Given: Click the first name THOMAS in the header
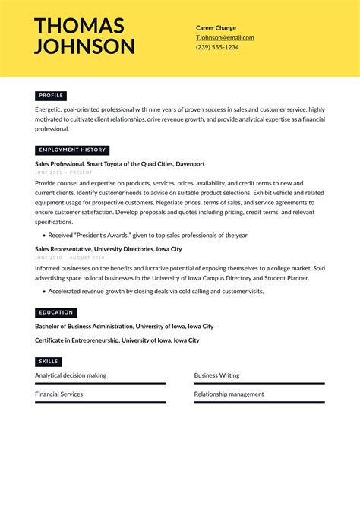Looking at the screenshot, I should point(79,26).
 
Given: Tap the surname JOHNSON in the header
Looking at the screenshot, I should point(84,46).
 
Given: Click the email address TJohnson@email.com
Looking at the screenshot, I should point(225,37).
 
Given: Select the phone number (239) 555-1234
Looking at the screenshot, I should point(217,47).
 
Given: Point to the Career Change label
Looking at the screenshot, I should point(216,27).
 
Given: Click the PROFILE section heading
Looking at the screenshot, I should point(51,96).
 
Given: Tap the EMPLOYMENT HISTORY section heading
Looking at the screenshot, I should point(72,150).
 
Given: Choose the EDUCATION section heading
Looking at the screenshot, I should point(56,312).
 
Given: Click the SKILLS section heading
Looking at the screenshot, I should point(49,362).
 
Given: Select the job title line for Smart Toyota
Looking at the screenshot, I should point(119,164).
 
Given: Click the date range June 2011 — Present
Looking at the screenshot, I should point(64,172).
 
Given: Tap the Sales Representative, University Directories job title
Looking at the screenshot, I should point(108,249).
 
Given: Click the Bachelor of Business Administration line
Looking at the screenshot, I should point(124,327).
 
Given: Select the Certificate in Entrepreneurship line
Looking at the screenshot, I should point(117,340).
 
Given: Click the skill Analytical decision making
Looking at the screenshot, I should point(71,375).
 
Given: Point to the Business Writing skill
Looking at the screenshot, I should point(216,375).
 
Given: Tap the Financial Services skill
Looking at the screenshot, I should point(59,394).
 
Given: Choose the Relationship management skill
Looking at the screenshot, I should point(229,394).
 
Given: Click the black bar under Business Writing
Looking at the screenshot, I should point(259,384).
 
